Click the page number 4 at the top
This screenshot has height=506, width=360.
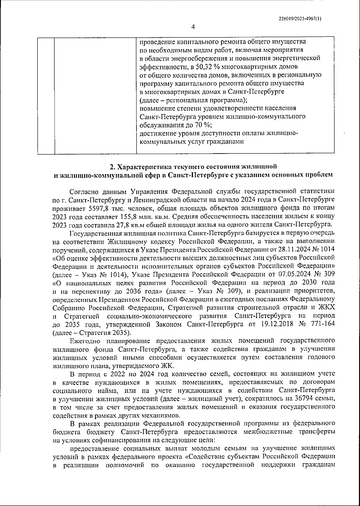click(193, 27)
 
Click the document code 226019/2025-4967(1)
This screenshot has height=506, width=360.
click(300, 19)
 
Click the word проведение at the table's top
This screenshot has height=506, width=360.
click(156, 41)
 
